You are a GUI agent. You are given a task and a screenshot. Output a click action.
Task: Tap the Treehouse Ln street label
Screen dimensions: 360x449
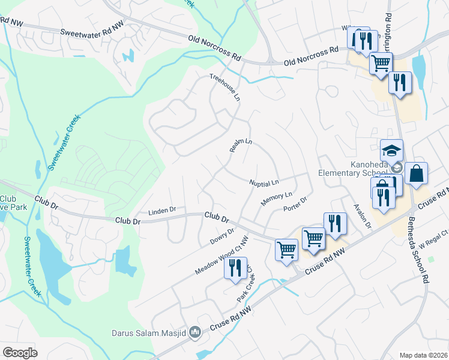coord(224,87)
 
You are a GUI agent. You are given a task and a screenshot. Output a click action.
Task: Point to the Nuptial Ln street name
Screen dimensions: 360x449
coord(265,182)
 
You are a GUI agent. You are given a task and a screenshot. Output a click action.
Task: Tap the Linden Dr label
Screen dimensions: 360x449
coord(162,211)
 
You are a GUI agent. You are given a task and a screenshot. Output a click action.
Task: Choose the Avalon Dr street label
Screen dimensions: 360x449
coord(363,214)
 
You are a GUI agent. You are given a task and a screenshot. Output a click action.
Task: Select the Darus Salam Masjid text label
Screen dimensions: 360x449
coord(149,332)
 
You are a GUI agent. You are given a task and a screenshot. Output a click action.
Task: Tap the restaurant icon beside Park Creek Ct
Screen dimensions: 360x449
coord(235,268)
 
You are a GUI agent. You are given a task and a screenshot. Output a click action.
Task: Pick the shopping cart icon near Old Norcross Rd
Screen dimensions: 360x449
coord(381,63)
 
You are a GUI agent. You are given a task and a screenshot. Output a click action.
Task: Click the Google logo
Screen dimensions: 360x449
coord(20,353)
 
